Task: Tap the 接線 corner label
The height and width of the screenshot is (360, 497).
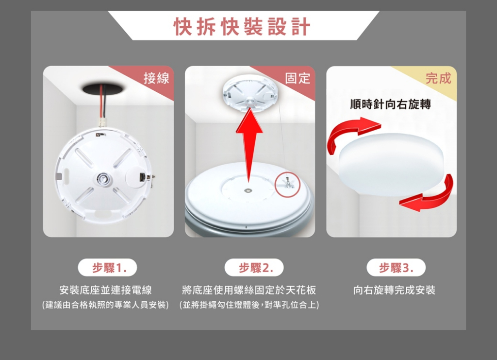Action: point(156,78)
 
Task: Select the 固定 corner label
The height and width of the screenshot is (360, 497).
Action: point(298,78)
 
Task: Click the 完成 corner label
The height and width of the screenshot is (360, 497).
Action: point(438,78)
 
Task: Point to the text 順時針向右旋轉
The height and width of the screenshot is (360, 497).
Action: point(391,104)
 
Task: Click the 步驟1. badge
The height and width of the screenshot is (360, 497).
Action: point(107,268)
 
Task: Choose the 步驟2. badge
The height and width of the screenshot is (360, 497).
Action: point(254,268)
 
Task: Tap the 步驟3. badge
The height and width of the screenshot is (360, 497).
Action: point(396,268)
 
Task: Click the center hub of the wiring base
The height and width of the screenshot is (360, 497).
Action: point(103,179)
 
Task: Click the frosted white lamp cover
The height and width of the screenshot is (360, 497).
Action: point(391,164)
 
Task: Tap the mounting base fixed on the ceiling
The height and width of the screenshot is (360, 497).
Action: point(249,91)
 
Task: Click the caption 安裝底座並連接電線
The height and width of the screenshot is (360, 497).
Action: point(105,290)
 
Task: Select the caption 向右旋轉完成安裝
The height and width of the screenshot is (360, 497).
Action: point(395,290)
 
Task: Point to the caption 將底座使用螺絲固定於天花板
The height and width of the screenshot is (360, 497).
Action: point(249,290)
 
